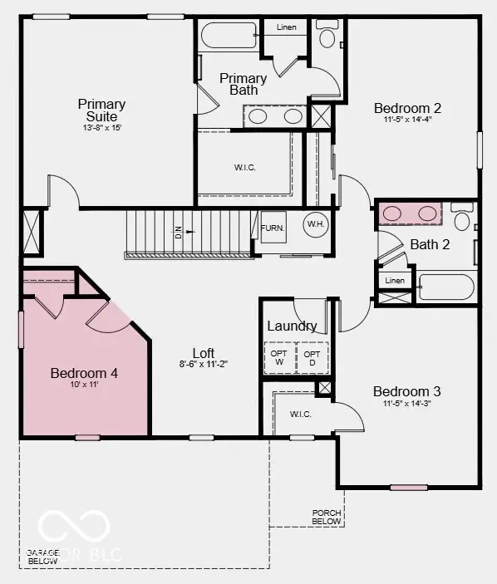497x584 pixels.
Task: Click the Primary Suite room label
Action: (x=101, y=110)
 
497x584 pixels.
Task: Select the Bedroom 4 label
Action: (x=84, y=374)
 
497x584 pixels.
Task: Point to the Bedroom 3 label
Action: (x=406, y=391)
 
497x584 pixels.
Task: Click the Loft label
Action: (x=204, y=352)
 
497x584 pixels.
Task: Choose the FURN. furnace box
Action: (x=272, y=228)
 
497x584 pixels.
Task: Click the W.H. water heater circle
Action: (x=316, y=224)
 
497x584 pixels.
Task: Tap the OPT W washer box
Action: (x=279, y=357)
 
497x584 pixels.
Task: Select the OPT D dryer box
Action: (x=313, y=357)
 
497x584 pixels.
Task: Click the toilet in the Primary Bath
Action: (x=327, y=38)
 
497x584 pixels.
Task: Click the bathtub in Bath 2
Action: (x=445, y=287)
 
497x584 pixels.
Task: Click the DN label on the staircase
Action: (x=178, y=234)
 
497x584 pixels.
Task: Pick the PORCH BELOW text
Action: (x=327, y=517)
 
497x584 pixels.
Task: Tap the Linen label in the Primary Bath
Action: (x=286, y=27)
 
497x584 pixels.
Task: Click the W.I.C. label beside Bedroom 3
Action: (x=300, y=414)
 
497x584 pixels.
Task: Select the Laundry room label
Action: (x=292, y=326)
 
